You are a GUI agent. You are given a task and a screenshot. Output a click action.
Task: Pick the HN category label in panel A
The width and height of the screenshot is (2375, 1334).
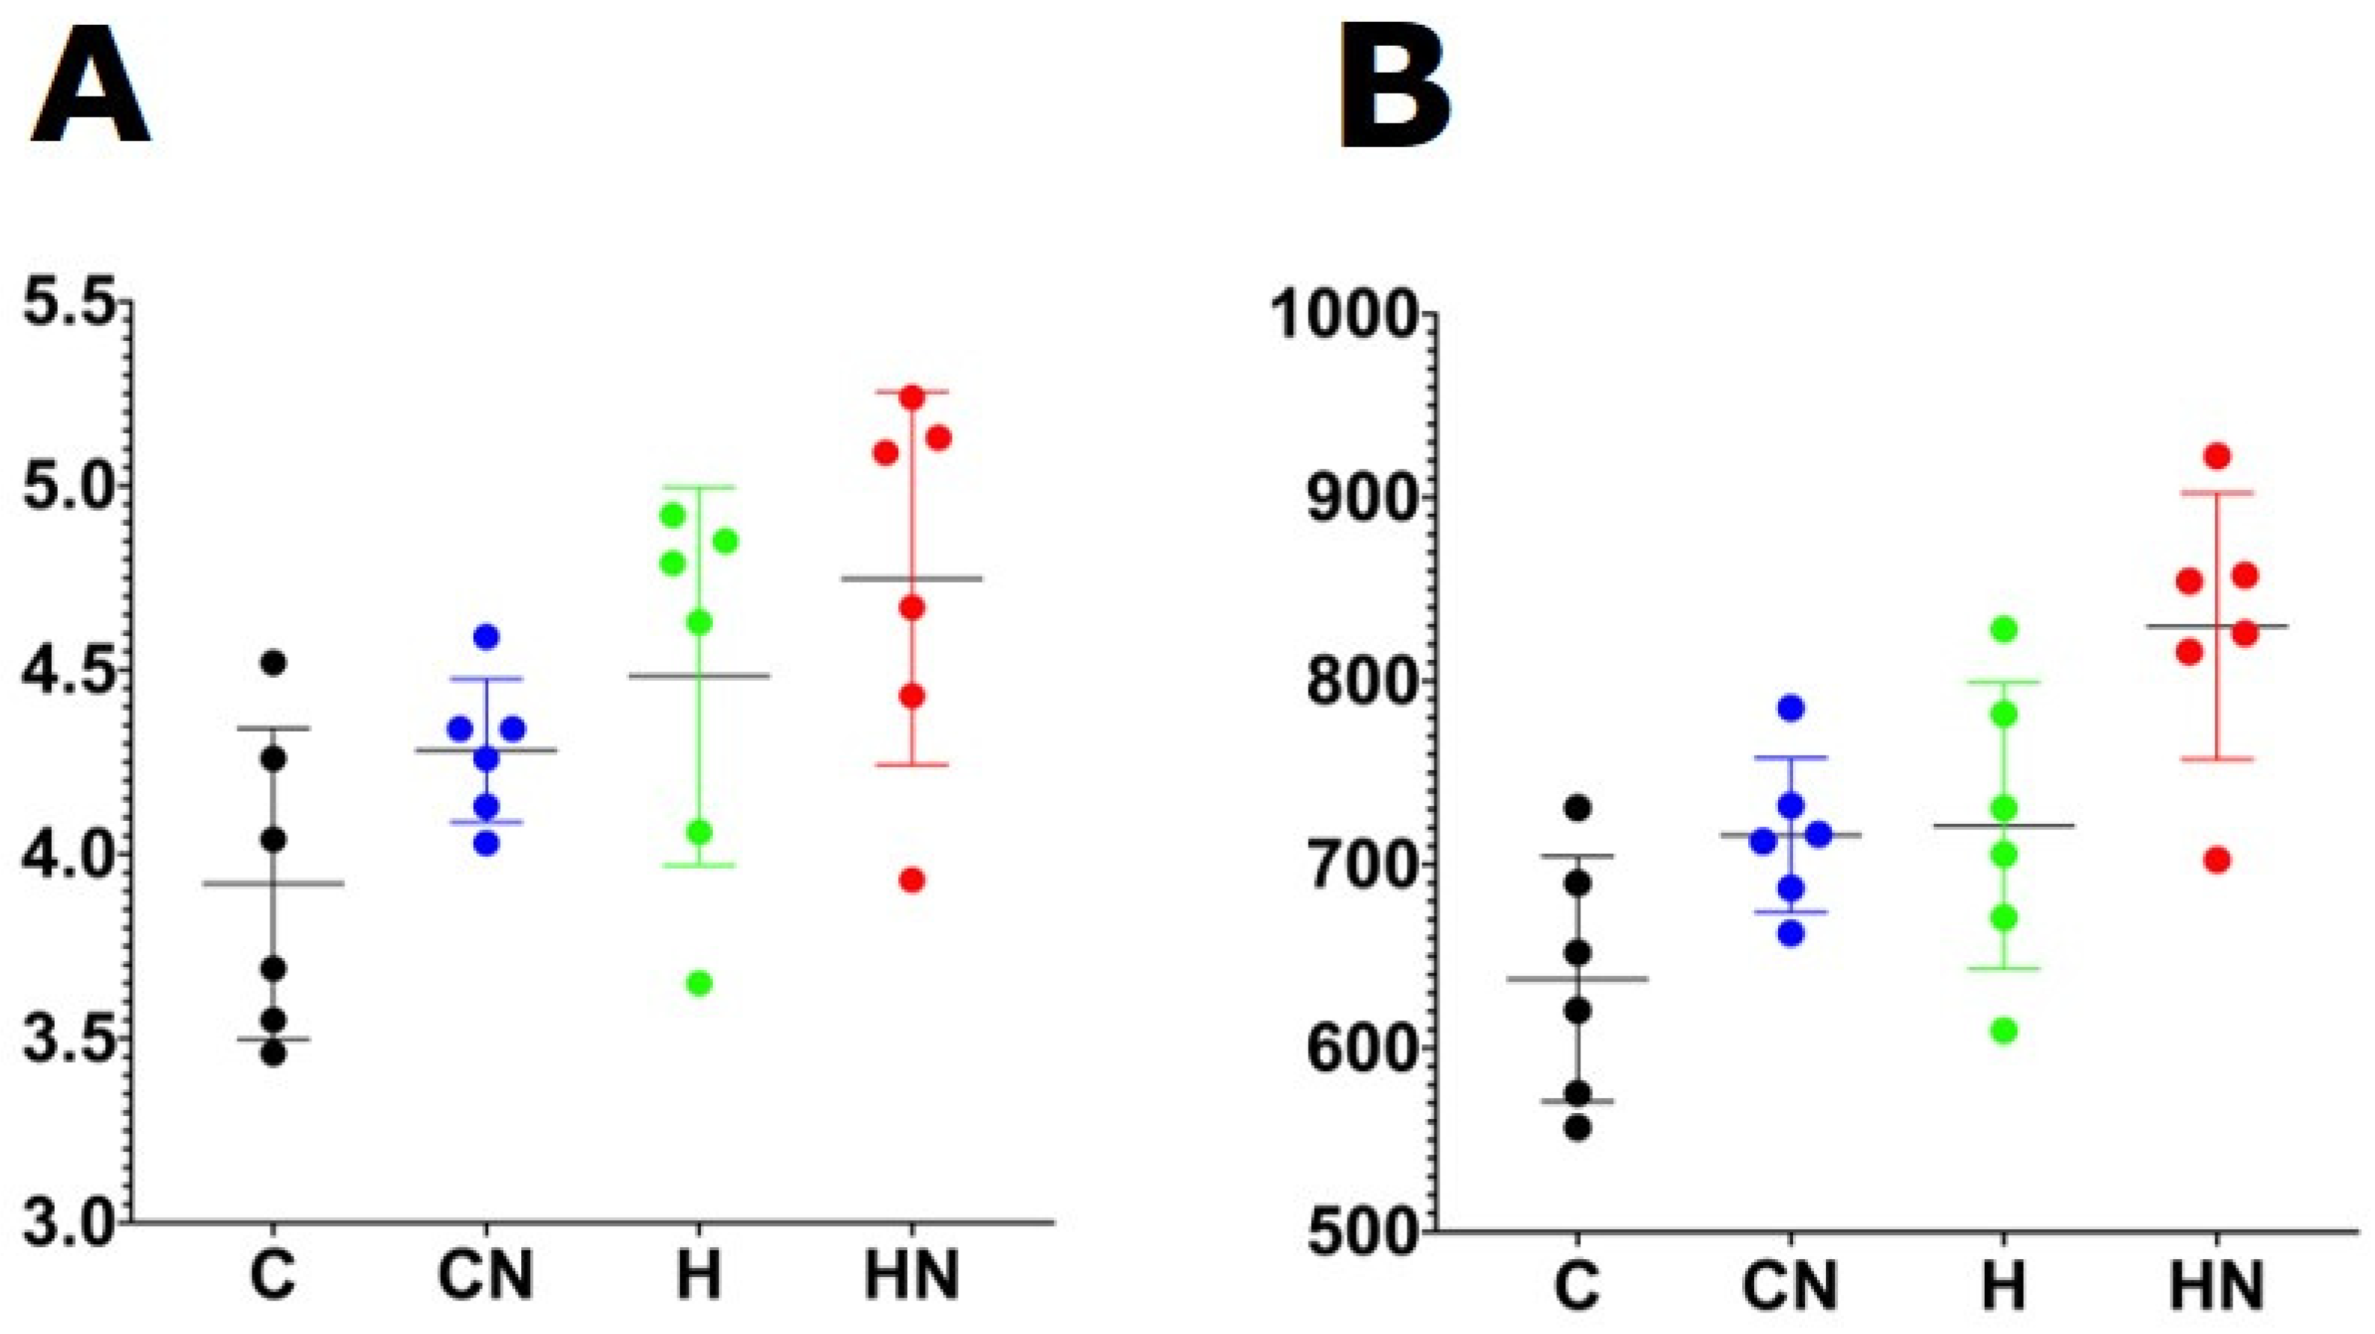(x=912, y=1277)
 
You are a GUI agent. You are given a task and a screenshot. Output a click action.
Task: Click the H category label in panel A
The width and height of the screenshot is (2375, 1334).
(x=699, y=1277)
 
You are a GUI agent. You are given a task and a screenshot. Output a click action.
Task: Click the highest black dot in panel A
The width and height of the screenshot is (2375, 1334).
(x=274, y=663)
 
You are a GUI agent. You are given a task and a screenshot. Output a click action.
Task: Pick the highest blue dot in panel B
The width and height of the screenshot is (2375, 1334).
(x=1791, y=708)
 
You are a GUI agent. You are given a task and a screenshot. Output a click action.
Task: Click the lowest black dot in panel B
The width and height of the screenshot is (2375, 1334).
(x=1577, y=1129)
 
